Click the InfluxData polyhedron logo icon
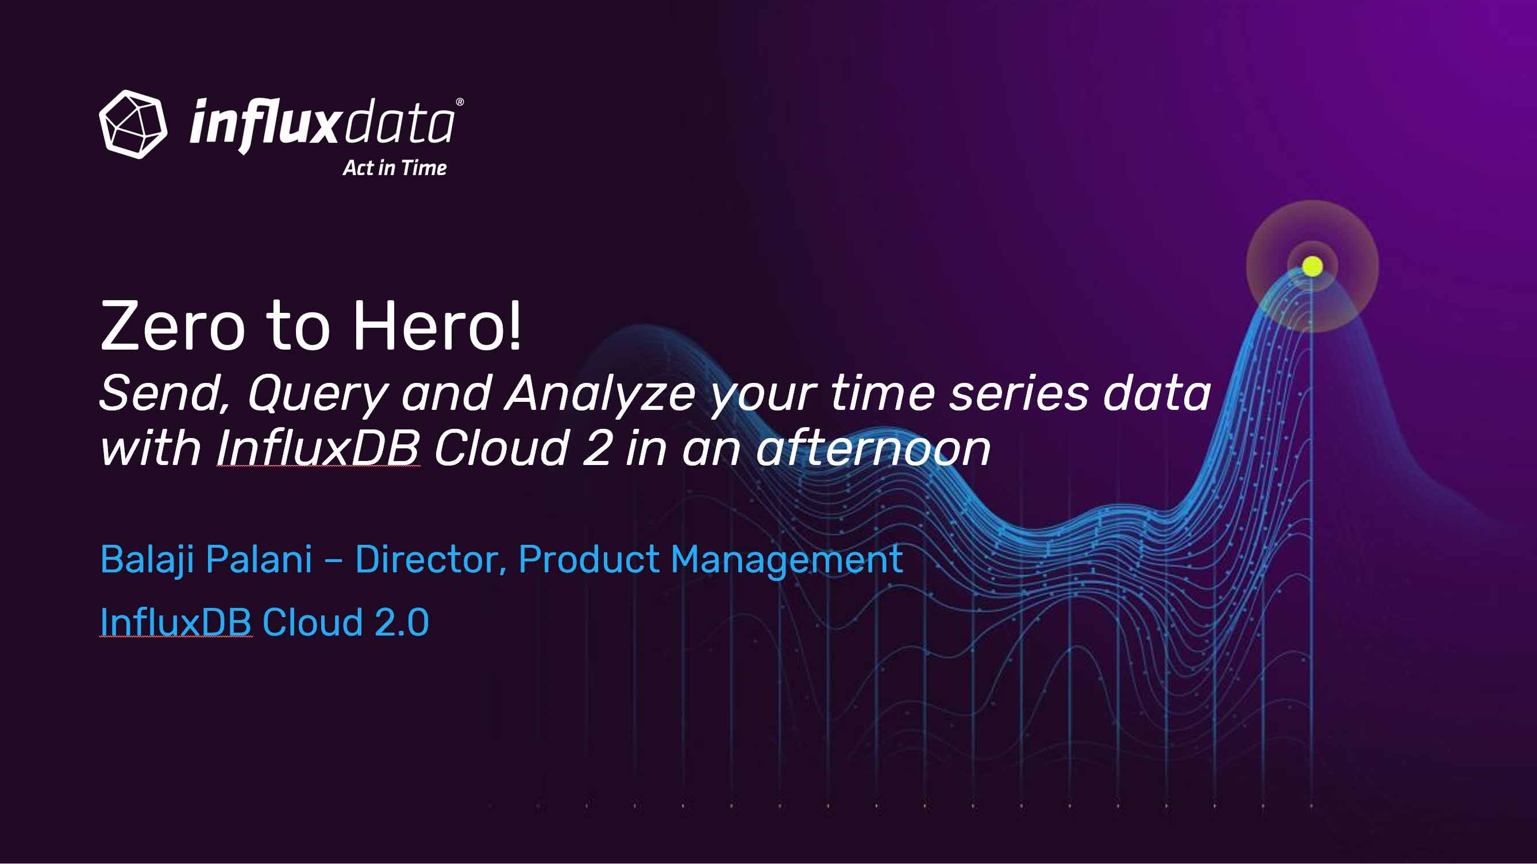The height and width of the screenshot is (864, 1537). click(x=133, y=125)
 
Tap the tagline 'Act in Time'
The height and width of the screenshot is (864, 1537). click(x=394, y=168)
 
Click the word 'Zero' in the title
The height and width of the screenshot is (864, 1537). click(x=173, y=326)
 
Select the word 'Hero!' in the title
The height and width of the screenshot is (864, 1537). click(x=437, y=326)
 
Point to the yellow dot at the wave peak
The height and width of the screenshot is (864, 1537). click(x=1312, y=266)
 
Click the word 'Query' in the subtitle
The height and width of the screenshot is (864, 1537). click(x=318, y=396)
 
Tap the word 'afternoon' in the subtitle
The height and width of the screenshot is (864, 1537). click(x=873, y=448)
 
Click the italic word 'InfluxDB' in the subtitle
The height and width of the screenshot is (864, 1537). click(x=318, y=448)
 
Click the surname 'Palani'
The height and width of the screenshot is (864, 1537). click(x=260, y=559)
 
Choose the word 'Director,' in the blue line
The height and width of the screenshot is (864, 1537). click(x=431, y=560)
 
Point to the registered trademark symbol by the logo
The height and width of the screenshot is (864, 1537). click(x=460, y=102)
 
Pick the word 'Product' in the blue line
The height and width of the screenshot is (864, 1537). click(x=589, y=559)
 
